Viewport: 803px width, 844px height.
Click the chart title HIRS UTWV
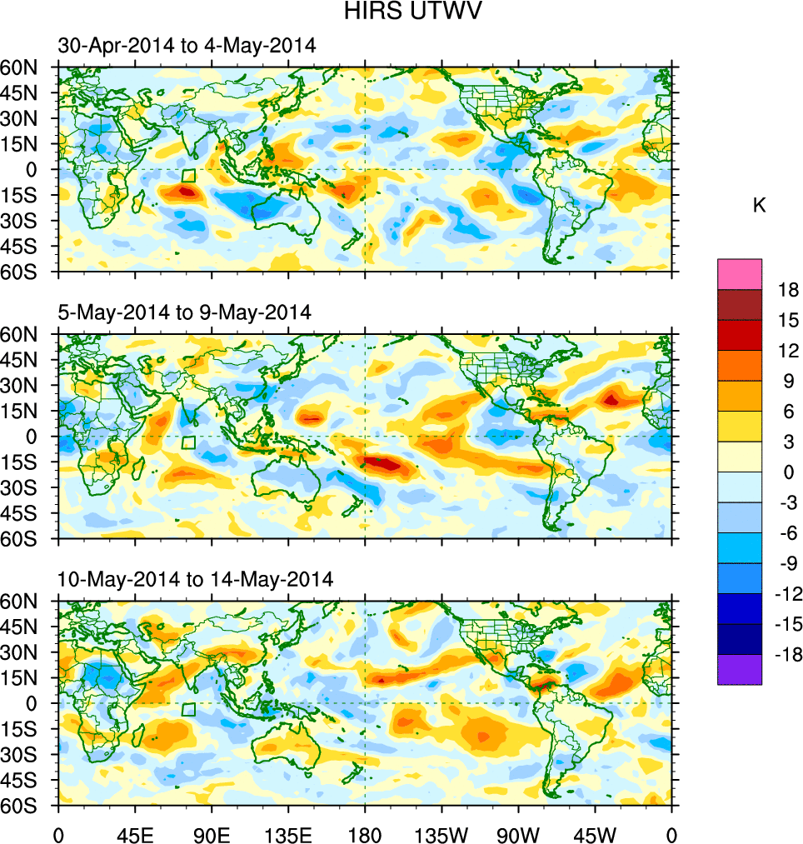click(401, 12)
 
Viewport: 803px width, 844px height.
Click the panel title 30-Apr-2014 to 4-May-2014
click(187, 46)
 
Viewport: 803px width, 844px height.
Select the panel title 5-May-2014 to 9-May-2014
click(184, 312)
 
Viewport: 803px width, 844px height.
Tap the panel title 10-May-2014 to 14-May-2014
click(196, 578)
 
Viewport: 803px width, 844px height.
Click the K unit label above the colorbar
click(759, 206)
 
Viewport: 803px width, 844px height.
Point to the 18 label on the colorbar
click(788, 290)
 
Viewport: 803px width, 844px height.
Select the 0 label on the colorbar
click(788, 472)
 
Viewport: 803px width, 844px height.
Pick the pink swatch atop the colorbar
click(740, 273)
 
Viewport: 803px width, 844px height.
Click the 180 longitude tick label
click(365, 833)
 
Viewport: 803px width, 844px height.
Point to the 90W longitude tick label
click(518, 833)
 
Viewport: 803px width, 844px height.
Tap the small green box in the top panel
click(189, 175)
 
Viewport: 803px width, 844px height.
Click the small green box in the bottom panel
click(189, 709)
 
